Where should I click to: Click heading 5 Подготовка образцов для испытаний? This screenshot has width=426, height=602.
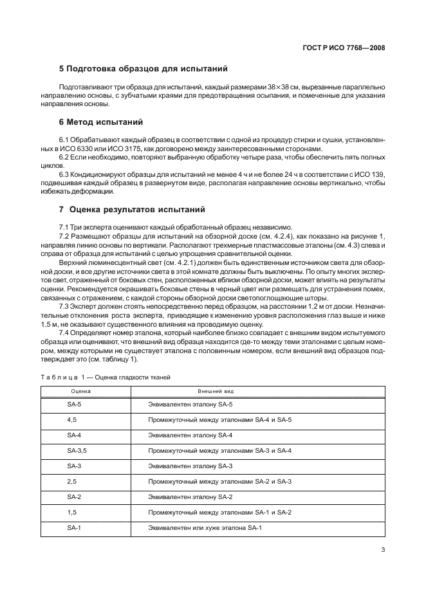pos(143,69)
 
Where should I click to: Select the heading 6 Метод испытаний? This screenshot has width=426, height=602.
pos(101,122)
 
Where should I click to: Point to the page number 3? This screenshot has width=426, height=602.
pos(382,549)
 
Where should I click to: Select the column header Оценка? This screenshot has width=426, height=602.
pos(80,390)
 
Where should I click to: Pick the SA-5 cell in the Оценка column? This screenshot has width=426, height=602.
pos(74,404)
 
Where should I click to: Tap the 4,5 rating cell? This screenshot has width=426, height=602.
pos(71,419)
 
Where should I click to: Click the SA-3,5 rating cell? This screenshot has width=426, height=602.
pos(77,450)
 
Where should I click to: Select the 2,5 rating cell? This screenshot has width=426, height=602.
pos(71,481)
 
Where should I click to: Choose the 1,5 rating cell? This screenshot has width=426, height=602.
pos(71,512)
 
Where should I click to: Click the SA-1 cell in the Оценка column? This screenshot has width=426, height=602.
pos(74,527)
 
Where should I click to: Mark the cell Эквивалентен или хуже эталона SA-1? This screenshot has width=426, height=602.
pos(205,527)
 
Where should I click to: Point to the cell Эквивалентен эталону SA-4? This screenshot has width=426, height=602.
pos(190,435)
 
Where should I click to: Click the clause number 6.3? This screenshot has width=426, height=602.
pos(64,174)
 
